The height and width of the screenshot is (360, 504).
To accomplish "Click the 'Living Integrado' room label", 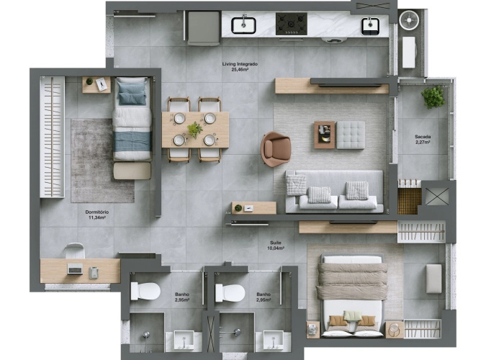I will point(239,64).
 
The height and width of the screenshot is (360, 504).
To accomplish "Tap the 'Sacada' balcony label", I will point(423,136).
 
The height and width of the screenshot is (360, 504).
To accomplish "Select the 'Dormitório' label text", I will point(96,212).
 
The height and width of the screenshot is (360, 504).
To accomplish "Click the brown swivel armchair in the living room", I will point(275,148).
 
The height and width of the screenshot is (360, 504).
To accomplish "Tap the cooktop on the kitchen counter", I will point(292,24).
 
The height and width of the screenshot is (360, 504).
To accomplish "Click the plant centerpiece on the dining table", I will point(194,130).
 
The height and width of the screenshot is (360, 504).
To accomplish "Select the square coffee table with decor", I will point(325,134).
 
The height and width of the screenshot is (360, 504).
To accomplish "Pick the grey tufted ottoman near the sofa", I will point(351,135).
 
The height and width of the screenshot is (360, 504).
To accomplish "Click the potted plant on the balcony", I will point(433,96).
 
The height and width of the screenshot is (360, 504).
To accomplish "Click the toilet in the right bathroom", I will point(230,293).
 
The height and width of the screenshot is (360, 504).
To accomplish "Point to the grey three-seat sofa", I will point(335,192).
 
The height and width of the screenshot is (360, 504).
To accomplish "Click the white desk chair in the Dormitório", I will point(74,251).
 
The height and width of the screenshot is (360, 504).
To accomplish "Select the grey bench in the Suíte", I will point(433,279).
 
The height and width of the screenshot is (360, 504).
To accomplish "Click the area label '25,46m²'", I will point(239,71).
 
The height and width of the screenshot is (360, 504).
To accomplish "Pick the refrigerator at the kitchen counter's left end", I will point(204,27).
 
